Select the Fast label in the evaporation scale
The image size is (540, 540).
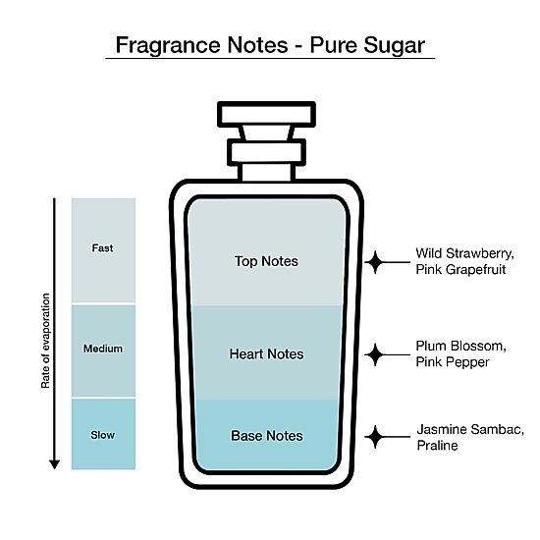pos(102,248)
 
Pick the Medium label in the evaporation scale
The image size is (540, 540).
pos(103,349)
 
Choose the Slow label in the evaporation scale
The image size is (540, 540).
pos(103,435)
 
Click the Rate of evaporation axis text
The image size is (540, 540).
pos(45,341)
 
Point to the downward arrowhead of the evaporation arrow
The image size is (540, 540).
pos(54,464)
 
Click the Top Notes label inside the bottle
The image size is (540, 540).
pos(266,261)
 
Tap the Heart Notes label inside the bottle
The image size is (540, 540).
pos(266,354)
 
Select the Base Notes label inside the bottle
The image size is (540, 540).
pos(267,436)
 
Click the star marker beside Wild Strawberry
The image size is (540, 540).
pos(375,262)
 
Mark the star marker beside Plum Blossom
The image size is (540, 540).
pos(375,354)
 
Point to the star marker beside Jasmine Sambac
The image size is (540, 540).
pos(375,437)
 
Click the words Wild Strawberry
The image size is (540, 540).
pos(464,254)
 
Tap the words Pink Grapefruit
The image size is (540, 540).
pos(460,270)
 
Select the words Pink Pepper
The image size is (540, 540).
pos(453,362)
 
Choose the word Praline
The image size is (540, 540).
pos(437,446)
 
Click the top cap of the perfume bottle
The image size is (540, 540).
pos(266,114)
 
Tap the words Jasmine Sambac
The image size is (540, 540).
pos(470,430)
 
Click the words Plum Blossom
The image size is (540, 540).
pos(460,346)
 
